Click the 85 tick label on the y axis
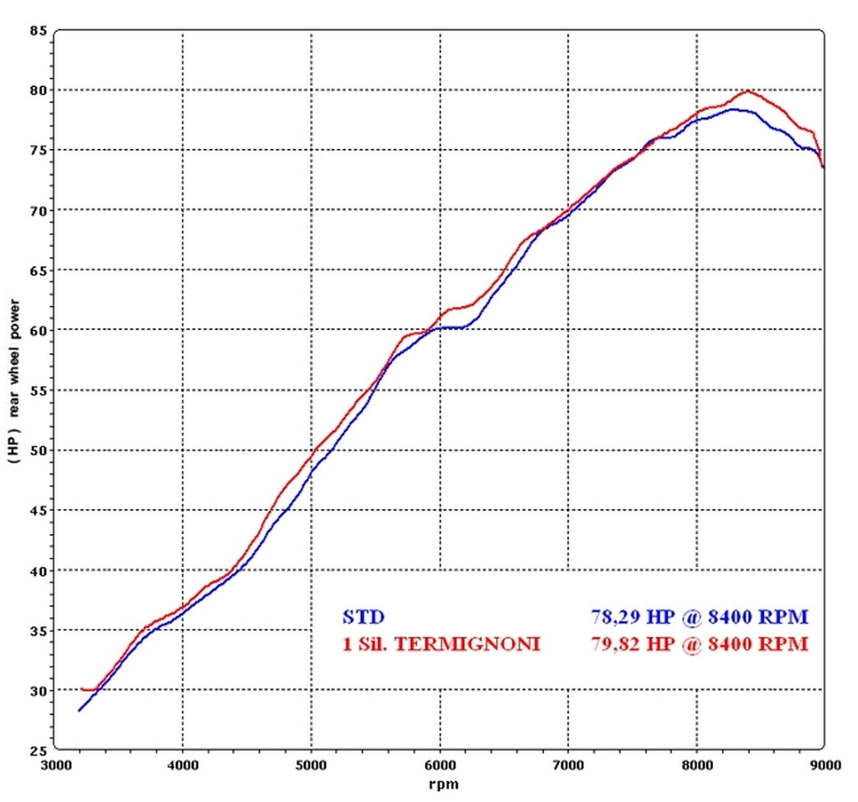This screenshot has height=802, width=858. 38,31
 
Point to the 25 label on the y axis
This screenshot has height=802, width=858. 38,749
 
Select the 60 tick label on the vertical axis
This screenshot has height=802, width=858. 38,330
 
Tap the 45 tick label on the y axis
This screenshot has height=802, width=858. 38,510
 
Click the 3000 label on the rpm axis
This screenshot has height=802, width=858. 54,764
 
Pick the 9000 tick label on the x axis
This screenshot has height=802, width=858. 824,764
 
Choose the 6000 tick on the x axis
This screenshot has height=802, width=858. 440,764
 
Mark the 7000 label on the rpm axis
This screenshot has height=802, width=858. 568,764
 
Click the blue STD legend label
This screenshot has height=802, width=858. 364,618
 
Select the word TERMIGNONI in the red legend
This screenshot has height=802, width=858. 482,644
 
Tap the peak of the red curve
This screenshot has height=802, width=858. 747,91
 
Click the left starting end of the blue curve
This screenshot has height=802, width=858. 79,710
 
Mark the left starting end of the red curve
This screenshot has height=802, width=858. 82,689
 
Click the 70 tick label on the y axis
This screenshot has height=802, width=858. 38,210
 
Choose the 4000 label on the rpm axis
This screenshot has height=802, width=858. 183,764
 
